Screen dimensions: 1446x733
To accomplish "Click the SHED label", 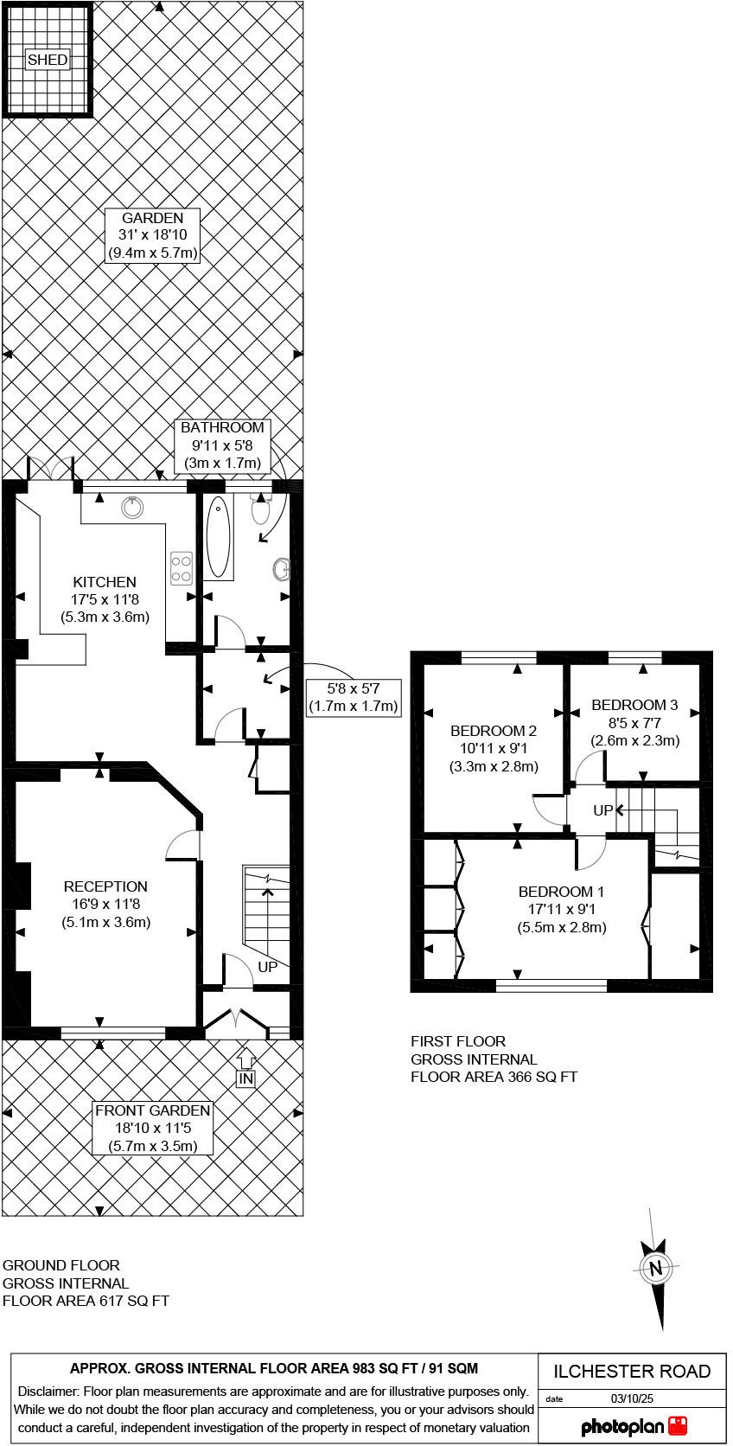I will pos(48,60).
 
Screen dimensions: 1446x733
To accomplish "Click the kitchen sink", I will pos(132,508).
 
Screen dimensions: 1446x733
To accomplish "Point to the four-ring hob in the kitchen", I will pos(182,568).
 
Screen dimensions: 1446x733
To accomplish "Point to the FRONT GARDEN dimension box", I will pos(153,1128).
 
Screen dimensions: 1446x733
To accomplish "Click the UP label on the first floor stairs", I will pos(602,810).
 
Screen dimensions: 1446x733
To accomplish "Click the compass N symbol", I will pos(656,1269).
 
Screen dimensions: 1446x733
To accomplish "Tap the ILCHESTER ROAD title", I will pos(632,1371).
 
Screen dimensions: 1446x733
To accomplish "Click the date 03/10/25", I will pos(632,1398).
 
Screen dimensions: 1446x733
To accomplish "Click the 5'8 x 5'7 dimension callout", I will pos(354,697).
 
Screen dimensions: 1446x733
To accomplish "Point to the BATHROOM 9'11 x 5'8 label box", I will pos(222,445).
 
